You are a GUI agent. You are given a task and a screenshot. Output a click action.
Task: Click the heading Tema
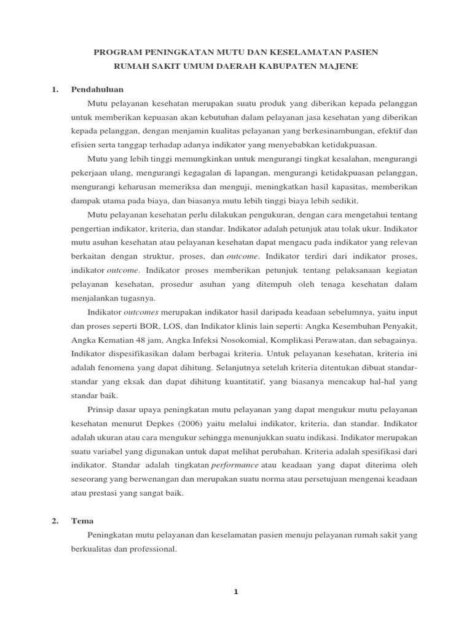tap(82, 521)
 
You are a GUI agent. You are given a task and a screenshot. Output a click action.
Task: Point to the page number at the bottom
tap(235, 592)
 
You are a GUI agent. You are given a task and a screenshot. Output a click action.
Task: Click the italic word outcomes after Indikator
tap(139, 312)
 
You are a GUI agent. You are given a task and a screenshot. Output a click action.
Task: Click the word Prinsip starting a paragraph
tap(102, 410)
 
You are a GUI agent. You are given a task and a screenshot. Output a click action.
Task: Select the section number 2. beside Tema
tap(55, 521)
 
